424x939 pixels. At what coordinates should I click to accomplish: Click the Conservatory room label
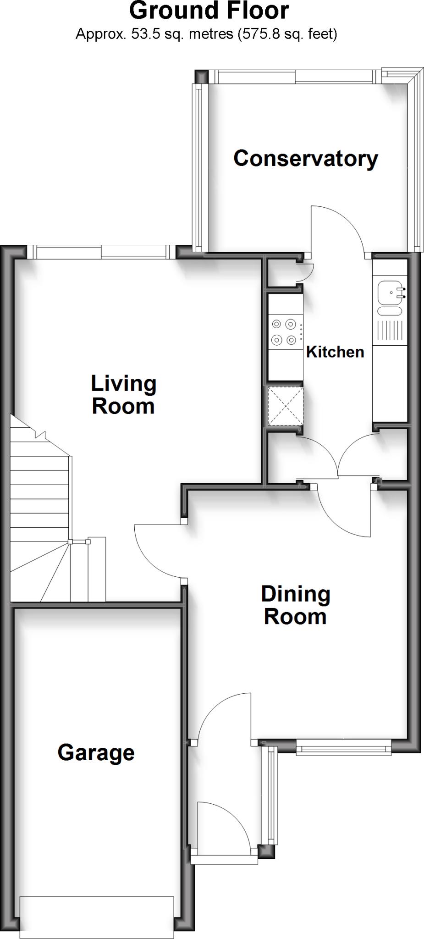click(306, 159)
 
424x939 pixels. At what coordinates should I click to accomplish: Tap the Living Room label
click(123, 395)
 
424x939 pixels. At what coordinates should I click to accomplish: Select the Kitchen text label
click(335, 352)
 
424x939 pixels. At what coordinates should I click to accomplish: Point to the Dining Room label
click(296, 605)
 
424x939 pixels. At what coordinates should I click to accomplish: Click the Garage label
click(96, 752)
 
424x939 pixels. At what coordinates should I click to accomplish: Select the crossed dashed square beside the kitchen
click(285, 406)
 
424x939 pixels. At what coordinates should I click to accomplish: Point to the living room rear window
click(101, 252)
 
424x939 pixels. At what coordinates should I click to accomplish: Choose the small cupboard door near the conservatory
click(305, 272)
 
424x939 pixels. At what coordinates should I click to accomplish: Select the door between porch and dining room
click(225, 715)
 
